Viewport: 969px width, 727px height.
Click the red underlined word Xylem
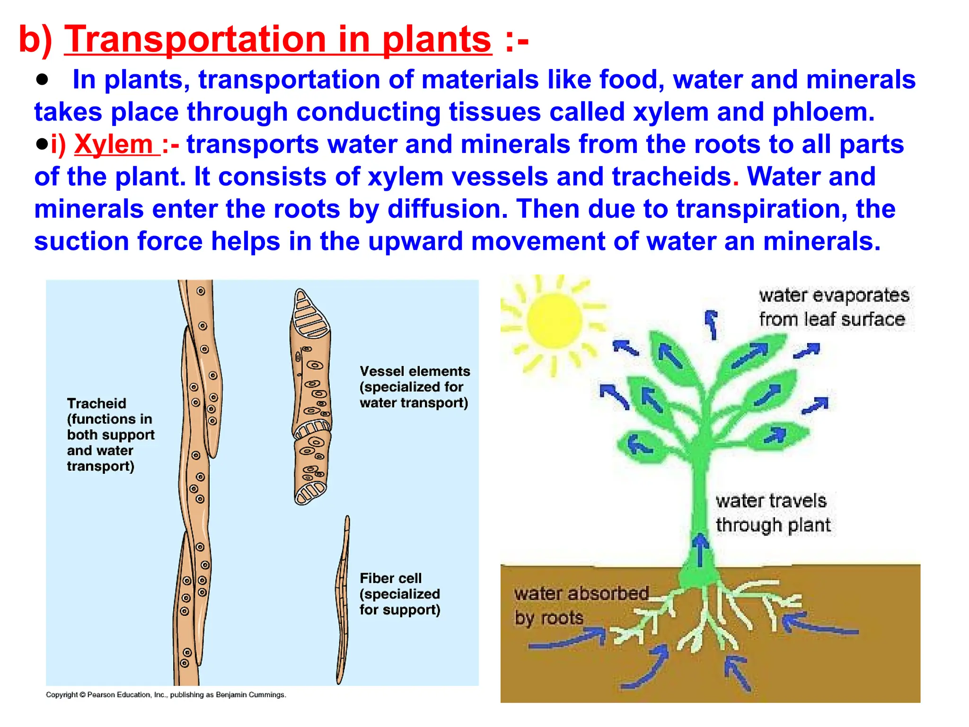[114, 144]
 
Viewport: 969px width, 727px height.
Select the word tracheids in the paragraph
[671, 177]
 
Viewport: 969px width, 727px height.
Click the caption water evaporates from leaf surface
[834, 307]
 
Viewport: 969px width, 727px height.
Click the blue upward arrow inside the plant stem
[700, 549]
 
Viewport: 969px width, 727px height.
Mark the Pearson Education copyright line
[166, 695]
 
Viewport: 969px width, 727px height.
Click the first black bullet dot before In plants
[43, 80]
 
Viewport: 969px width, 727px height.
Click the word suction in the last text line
[81, 241]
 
